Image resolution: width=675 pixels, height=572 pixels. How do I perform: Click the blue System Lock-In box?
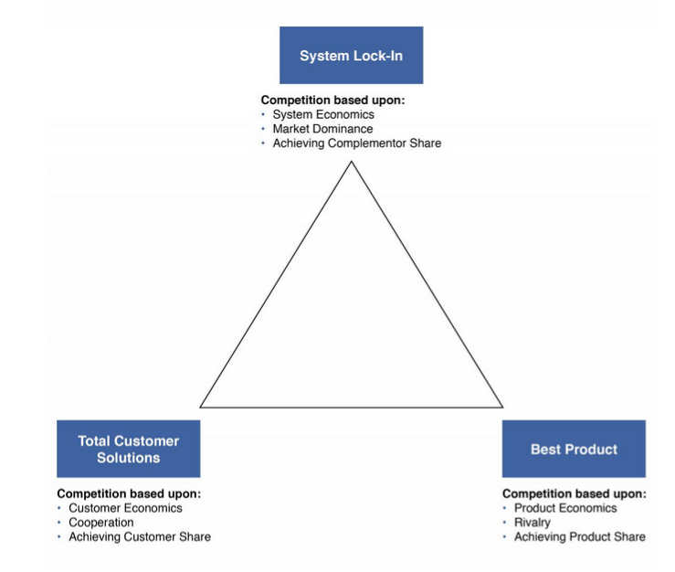pos(351,56)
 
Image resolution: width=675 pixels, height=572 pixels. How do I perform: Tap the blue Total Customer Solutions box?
pos(128,449)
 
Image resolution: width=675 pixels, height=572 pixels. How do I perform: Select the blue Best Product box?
pos(574,449)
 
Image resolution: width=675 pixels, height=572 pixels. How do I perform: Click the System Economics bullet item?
pos(323,115)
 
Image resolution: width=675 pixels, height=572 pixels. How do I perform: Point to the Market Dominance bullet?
pos(322,129)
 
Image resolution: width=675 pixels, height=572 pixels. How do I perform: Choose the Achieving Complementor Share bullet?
pos(356,143)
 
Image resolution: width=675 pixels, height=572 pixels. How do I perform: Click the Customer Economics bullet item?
pos(125,508)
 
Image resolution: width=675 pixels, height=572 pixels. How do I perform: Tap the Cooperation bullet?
pos(100,523)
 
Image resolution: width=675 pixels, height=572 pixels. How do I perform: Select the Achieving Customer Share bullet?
pos(139,537)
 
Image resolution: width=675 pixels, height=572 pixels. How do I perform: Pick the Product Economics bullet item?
pos(565,508)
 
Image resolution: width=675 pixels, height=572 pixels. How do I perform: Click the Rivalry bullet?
pos(533,523)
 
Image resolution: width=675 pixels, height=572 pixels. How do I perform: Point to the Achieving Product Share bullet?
pos(579,537)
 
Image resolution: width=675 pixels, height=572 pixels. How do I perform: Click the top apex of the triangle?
pos(351,162)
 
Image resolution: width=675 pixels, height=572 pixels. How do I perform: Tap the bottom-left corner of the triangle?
pos(201,407)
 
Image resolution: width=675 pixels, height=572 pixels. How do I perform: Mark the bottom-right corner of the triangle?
pos(502,407)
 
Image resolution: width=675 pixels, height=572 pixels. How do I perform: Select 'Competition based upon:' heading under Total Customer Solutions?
pos(129,493)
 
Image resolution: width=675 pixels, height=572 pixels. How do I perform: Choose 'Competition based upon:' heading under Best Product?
pos(574,493)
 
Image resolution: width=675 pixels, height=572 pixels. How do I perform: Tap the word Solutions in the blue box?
pos(128,458)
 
